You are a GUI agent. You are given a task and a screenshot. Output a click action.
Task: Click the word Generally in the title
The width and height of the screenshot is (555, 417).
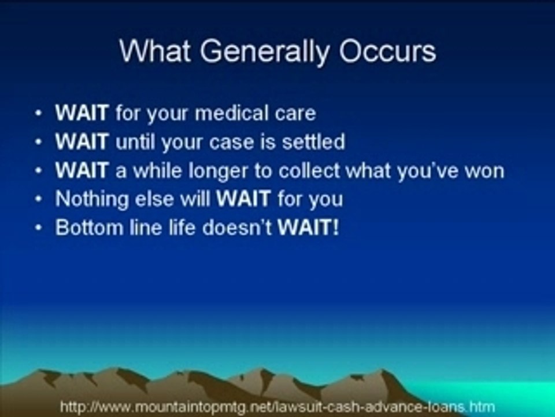click(x=264, y=52)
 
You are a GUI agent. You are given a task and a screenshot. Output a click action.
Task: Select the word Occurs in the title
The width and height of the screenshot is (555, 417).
click(x=387, y=51)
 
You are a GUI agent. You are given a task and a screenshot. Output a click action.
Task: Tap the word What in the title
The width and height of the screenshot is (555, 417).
click(x=155, y=51)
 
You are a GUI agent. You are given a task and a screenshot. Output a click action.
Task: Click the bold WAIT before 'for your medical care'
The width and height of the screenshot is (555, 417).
click(x=82, y=113)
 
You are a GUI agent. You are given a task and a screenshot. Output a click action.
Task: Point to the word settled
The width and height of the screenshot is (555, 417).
click(x=313, y=141)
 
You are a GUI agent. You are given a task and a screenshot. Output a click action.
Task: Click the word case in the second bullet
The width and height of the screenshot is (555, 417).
click(x=231, y=142)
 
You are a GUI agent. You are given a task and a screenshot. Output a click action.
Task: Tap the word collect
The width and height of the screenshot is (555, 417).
click(x=309, y=170)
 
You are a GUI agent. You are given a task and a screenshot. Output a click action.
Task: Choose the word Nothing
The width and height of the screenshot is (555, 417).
click(x=92, y=199)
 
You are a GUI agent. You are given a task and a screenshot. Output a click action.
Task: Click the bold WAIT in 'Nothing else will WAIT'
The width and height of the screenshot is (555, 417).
click(x=243, y=199)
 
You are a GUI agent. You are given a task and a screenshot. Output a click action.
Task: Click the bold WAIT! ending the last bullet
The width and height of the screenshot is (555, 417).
click(x=308, y=227)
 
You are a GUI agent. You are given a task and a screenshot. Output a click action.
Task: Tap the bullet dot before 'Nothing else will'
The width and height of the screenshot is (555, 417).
click(x=39, y=199)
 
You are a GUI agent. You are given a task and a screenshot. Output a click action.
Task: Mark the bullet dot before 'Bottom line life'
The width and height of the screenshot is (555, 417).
click(x=39, y=228)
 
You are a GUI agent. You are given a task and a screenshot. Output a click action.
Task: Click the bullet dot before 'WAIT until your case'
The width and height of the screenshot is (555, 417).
click(x=39, y=142)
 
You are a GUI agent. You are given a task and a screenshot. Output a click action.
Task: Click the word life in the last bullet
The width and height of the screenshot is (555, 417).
click(x=182, y=227)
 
